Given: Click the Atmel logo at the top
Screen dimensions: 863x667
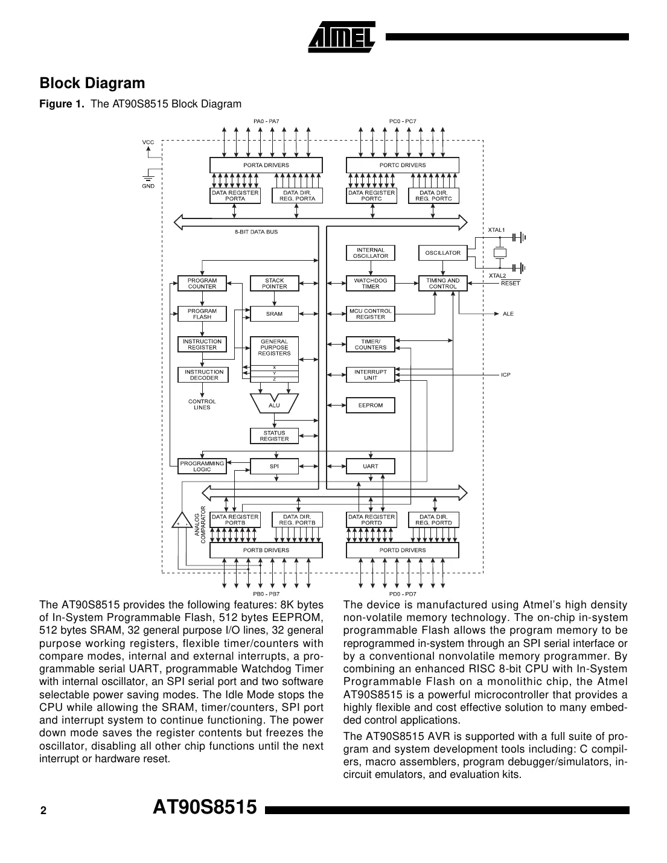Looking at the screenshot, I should (x=342, y=37).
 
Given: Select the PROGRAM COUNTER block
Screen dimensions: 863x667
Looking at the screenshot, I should (x=202, y=284).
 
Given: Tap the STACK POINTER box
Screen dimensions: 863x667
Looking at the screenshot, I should (x=274, y=284).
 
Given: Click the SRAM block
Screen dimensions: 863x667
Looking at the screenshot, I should (x=274, y=314).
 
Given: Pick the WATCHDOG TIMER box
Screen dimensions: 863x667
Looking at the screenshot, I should (x=370, y=284).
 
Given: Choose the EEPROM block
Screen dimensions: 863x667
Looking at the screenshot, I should (x=370, y=405).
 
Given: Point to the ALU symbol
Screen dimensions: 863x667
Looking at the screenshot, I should (x=274, y=404).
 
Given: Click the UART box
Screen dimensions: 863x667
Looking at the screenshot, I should (x=370, y=466).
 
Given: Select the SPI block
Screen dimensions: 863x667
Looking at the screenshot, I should (x=274, y=466).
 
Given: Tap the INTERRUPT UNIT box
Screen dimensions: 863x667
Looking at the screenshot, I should (x=370, y=375).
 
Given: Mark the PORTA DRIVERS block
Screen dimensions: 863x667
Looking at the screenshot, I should (x=266, y=165).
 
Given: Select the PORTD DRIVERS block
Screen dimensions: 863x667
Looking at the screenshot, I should (x=402, y=550).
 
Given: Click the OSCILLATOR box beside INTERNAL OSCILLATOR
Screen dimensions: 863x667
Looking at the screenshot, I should (x=442, y=253).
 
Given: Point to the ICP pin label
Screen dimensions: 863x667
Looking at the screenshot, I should (x=505, y=375).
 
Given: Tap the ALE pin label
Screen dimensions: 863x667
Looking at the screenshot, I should (x=508, y=314).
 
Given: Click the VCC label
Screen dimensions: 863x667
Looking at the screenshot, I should (x=148, y=142).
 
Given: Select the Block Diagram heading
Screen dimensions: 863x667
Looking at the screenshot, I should (x=92, y=83).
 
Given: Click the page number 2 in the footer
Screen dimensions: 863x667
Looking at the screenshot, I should (x=43, y=811).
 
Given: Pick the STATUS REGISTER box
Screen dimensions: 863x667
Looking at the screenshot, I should (x=274, y=436).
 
